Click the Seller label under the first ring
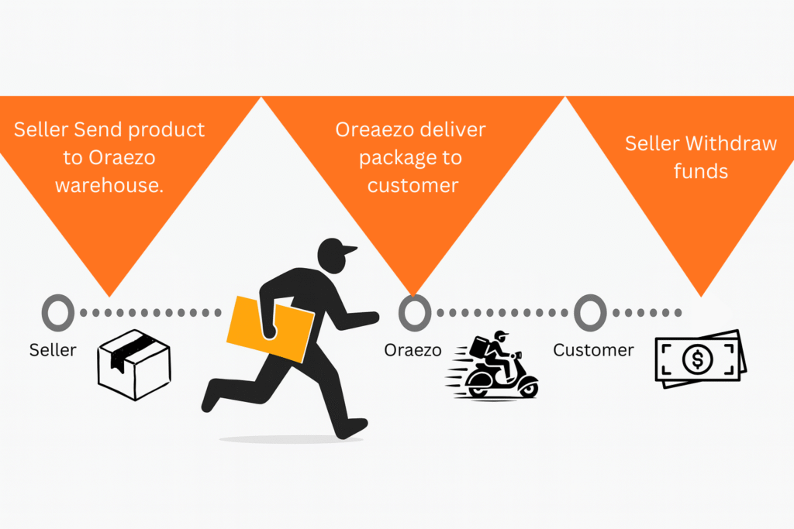click(53, 350)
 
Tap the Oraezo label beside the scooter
click(413, 350)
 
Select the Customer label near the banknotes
click(593, 350)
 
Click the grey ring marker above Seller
click(57, 313)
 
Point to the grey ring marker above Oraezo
click(415, 313)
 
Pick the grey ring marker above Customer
click(590, 313)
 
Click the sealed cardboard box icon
click(134, 364)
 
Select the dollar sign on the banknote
click(698, 359)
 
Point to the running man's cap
click(336, 249)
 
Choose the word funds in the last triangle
click(701, 170)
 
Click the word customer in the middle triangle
click(413, 186)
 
